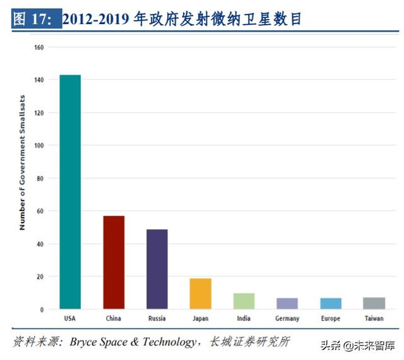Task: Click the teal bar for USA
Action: tap(70, 192)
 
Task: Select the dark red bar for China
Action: tap(114, 262)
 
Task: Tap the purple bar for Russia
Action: tap(157, 269)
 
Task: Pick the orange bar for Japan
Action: tap(200, 294)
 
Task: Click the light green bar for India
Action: tap(244, 301)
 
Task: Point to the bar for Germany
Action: tap(287, 304)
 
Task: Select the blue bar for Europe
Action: tap(330, 304)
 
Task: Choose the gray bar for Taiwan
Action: tap(374, 303)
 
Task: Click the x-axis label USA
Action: tap(70, 318)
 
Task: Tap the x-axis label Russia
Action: tap(157, 318)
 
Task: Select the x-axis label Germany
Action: tap(287, 318)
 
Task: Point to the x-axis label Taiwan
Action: tap(374, 318)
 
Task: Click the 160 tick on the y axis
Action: tap(39, 47)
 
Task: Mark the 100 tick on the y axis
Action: tap(39, 146)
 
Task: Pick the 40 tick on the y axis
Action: tap(40, 244)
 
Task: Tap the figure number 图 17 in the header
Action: tap(36, 20)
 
